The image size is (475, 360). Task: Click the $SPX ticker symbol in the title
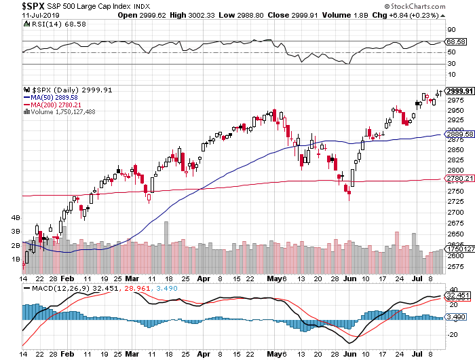click(x=15, y=5)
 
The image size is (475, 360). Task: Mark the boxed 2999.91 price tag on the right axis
click(x=457, y=90)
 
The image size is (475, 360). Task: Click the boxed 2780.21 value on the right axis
click(x=457, y=179)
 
